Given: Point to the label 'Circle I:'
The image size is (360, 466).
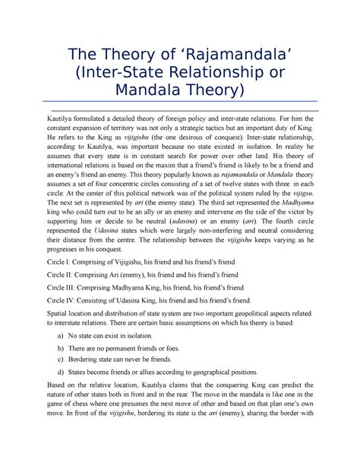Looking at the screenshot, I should coord(61,260).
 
